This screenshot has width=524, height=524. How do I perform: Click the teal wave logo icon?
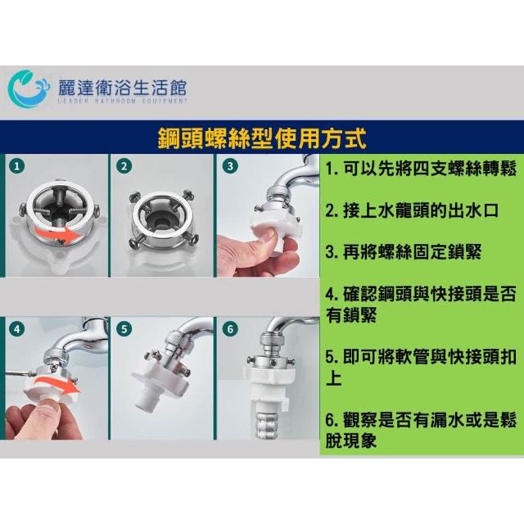point(28,88)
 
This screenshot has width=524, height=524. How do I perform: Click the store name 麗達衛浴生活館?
point(122,88)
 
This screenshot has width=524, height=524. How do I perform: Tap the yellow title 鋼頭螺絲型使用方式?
point(262,138)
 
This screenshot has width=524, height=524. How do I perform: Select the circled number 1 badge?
point(17,166)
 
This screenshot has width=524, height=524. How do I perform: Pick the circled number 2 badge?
point(124,166)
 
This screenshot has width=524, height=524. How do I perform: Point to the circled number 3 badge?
point(230,166)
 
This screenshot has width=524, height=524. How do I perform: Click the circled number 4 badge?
point(17,329)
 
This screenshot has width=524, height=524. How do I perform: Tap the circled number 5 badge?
point(124,329)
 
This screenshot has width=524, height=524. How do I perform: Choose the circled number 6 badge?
point(230,329)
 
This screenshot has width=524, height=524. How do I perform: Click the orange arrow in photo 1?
point(56,235)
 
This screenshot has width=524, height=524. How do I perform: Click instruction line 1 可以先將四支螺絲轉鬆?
point(421,169)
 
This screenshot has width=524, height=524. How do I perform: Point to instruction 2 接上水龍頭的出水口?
point(412,210)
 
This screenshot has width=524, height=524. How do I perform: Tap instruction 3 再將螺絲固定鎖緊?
point(404,252)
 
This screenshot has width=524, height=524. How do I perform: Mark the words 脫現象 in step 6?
point(351,440)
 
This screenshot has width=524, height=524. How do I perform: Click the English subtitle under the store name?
point(122,101)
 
